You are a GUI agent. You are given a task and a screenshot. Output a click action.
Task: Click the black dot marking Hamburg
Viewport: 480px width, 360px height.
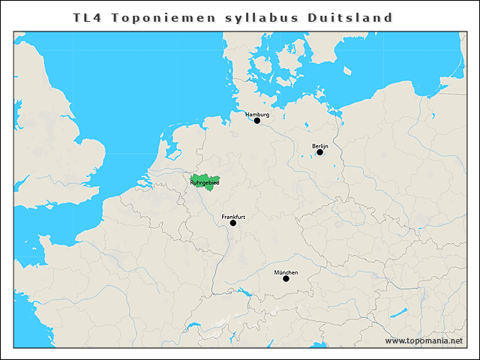coord(257,120)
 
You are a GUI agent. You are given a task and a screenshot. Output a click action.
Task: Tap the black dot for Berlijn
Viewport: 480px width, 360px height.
coord(319,152)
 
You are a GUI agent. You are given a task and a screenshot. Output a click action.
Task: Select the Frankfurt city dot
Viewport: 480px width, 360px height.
coord(233,223)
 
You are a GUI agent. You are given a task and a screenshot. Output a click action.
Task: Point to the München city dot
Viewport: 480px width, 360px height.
coord(286,279)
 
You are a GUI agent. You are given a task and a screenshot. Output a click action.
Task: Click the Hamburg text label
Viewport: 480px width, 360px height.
coord(257,114)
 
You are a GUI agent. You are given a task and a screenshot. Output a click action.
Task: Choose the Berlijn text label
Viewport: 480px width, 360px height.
coord(320,145)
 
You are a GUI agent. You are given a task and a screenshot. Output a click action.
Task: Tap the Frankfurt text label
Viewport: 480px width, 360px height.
coord(233,216)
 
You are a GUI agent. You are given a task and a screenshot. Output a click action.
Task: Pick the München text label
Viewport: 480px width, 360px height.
coord(286,272)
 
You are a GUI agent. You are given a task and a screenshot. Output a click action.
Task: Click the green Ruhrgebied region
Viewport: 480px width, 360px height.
coord(203,184)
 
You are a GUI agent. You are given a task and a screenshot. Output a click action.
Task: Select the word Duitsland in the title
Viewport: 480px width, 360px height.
coord(350,17)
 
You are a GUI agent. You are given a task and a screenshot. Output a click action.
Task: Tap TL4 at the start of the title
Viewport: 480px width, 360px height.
coord(87,17)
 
